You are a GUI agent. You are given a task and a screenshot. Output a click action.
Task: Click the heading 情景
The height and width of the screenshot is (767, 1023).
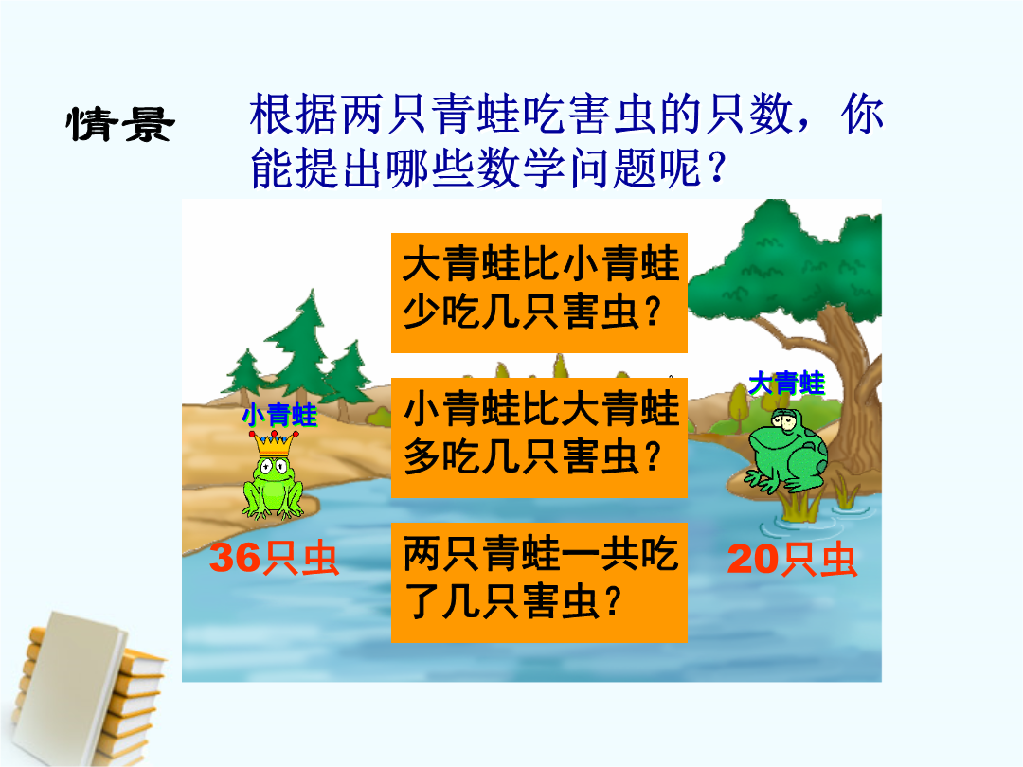click(120, 124)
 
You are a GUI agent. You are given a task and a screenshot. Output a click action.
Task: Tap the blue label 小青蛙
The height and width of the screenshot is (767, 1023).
click(279, 415)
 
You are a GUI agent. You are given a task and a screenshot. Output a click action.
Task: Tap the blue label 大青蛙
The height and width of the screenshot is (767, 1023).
click(786, 383)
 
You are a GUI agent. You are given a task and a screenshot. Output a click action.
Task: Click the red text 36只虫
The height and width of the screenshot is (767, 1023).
click(274, 559)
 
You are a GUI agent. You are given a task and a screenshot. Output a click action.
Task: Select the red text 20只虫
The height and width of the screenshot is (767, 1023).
click(792, 560)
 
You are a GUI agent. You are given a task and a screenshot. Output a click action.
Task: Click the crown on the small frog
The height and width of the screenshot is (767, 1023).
click(274, 443)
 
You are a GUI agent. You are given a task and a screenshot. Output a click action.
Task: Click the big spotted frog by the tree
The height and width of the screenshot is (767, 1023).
click(787, 451)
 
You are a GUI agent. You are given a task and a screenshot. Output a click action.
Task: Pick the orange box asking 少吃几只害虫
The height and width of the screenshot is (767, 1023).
click(539, 293)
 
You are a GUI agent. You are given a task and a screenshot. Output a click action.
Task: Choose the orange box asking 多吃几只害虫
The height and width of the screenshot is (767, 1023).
click(539, 437)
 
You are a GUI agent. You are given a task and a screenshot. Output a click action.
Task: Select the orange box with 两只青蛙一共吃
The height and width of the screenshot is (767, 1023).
click(539, 582)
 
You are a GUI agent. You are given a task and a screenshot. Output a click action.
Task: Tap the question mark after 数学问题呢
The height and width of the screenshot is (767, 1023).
click(716, 167)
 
